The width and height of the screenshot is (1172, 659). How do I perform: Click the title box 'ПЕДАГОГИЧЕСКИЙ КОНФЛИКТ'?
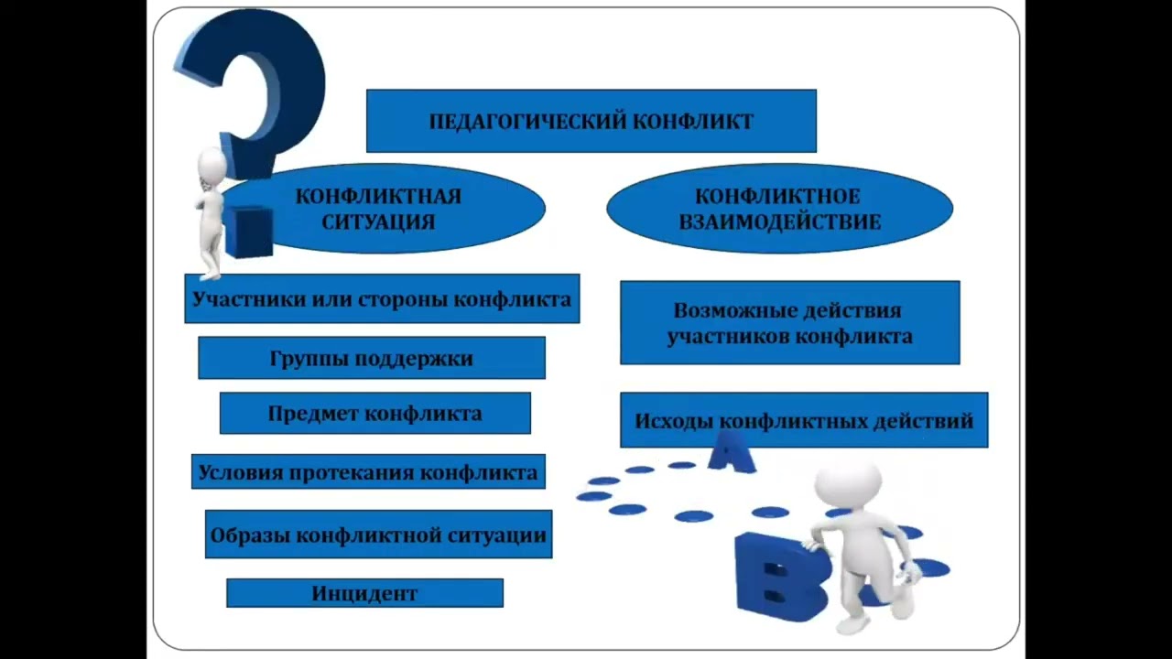591,120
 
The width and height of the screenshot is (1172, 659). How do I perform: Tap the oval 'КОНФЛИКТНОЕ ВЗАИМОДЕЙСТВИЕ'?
779,209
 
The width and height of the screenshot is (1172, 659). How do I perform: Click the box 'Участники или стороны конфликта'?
382,298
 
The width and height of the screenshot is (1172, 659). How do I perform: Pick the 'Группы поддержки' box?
372,358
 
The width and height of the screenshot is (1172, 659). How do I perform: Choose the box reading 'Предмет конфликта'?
374,413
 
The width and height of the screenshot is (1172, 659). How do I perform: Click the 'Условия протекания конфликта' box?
368,472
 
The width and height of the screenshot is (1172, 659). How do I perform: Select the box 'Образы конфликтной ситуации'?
378,535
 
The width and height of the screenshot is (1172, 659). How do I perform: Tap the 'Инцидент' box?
364,593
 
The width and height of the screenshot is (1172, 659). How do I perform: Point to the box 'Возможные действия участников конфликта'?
789,323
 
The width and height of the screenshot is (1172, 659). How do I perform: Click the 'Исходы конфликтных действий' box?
804,421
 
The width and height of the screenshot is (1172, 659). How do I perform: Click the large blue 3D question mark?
256,82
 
